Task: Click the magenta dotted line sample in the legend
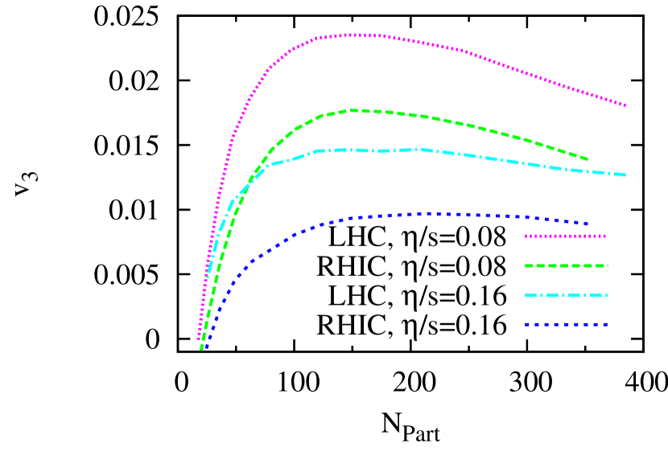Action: coord(566,236)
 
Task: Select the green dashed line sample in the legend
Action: coord(566,265)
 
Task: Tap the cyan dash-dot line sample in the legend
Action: coord(566,295)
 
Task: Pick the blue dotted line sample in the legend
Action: coord(566,325)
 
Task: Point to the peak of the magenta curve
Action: coord(353,35)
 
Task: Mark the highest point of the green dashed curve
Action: coord(354,110)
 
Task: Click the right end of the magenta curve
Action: coord(625,105)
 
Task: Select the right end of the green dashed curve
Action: coord(588,159)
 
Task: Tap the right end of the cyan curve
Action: coord(625,175)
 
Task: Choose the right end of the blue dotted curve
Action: coord(588,224)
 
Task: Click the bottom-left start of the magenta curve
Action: coord(198,339)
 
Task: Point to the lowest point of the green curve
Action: coord(201,349)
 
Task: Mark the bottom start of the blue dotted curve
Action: coord(206,348)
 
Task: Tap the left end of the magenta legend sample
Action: coord(526,236)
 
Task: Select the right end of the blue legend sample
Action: coord(607,325)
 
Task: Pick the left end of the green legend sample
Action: coord(526,265)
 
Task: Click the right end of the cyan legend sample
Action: coord(607,295)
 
